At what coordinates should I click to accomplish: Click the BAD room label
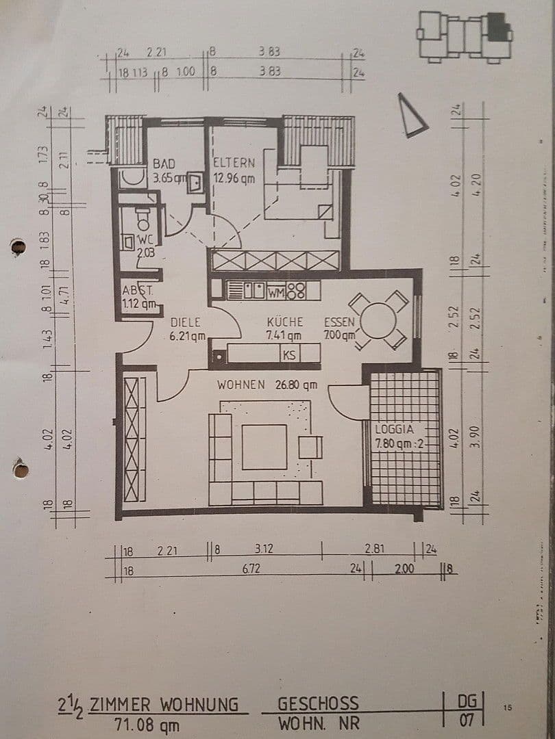coord(164,164)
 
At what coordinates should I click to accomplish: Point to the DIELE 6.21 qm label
coord(184,328)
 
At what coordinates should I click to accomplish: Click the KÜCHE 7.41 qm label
coord(284,328)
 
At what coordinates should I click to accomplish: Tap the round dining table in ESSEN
coord(378,320)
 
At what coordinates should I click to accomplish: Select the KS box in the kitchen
coord(289,354)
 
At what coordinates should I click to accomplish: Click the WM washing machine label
coord(276,292)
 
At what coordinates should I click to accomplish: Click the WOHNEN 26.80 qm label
coord(267,385)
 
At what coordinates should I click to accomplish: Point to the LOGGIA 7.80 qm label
coord(401,436)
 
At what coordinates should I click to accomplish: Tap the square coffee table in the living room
coord(264,447)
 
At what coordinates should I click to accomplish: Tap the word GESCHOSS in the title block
coord(317,704)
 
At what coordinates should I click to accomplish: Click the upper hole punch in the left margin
coord(18,247)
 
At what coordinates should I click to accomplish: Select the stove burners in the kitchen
coord(295,291)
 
